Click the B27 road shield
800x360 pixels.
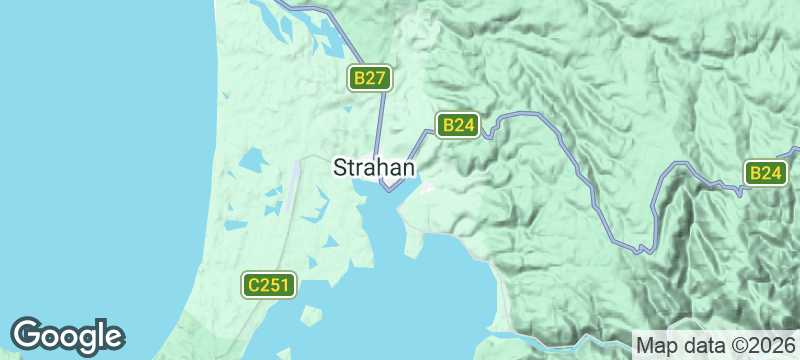pos(368,78)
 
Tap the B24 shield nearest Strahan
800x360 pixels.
pos(458,125)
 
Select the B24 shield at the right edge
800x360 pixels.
pos(765,173)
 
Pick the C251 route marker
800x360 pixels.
pos(269,285)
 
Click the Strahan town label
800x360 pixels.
pos(373,167)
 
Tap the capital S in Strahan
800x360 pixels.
pos(339,167)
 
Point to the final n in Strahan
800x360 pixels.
pos(407,167)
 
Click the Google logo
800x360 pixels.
pos(67,335)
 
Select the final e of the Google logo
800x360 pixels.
pos(114,337)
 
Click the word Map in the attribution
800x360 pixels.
pos(652,344)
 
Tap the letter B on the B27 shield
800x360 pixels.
pos(358,78)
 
